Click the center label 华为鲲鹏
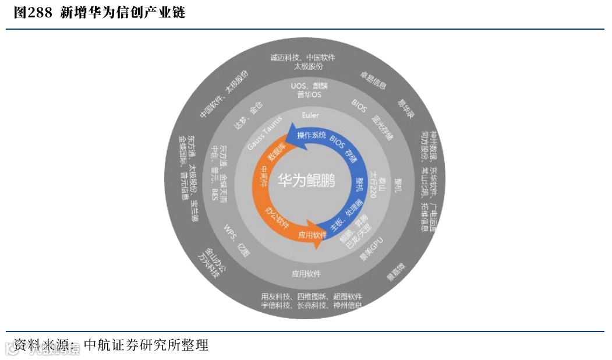pos(306,181)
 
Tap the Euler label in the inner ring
pos(310,115)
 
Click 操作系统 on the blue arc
pos(312,136)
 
